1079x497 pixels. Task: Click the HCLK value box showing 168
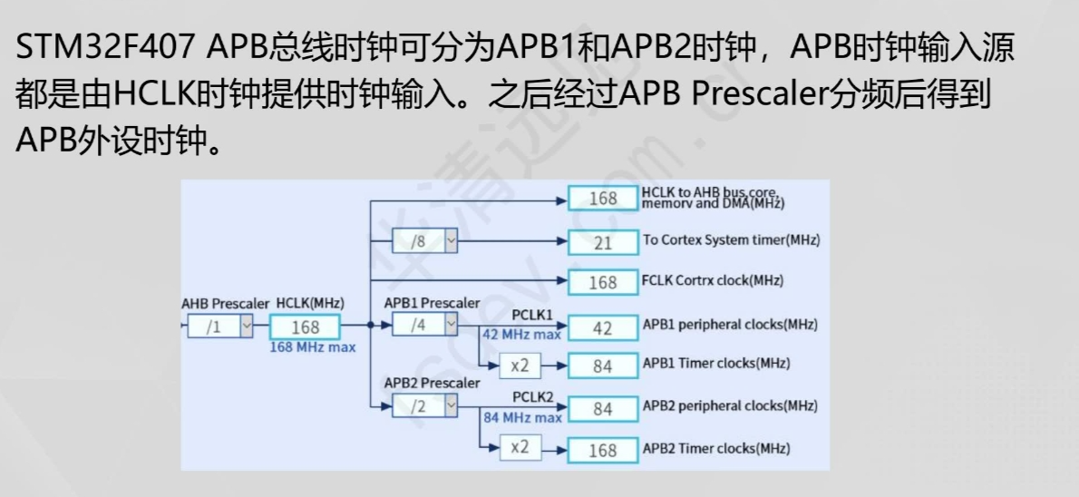click(305, 327)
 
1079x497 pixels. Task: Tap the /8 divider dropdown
click(425, 242)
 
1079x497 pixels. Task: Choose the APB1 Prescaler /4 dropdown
click(425, 324)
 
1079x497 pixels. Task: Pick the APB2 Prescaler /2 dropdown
click(425, 405)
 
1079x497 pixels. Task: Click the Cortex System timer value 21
click(603, 242)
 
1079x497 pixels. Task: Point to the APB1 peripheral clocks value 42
click(603, 327)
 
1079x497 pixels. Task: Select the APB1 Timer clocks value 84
click(603, 366)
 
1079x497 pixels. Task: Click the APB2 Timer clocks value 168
click(603, 450)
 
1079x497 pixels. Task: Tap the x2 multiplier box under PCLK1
click(520, 365)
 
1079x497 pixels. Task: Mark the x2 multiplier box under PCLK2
click(520, 447)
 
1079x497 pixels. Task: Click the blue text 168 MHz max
click(313, 347)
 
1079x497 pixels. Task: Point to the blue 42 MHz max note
click(521, 335)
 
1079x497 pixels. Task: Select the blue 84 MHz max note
click(521, 417)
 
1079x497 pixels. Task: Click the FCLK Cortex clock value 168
click(603, 282)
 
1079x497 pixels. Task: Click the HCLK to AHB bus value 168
click(603, 199)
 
